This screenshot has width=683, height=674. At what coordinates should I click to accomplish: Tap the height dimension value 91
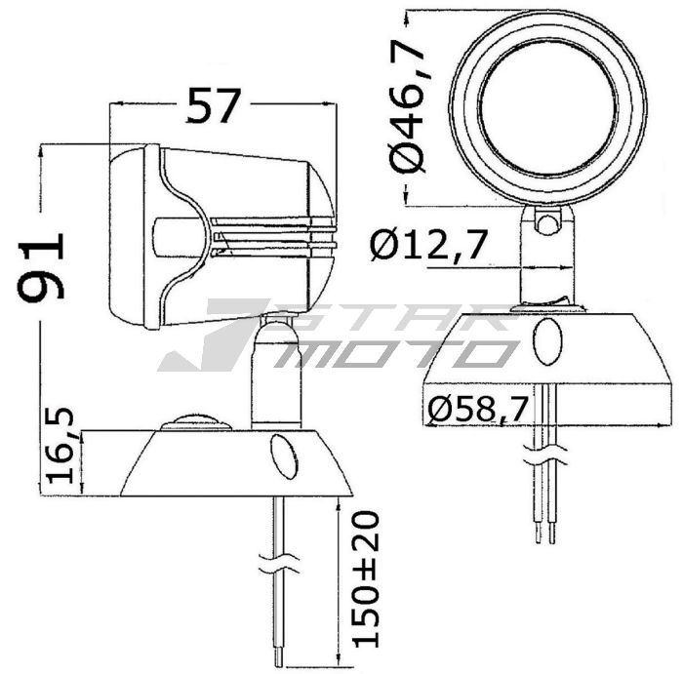click(45, 264)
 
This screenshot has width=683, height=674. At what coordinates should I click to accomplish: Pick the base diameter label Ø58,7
click(478, 410)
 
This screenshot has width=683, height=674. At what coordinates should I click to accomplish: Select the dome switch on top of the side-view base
click(196, 421)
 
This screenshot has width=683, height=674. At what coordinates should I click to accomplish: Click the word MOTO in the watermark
click(390, 353)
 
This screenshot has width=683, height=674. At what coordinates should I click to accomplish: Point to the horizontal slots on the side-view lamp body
click(273, 240)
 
